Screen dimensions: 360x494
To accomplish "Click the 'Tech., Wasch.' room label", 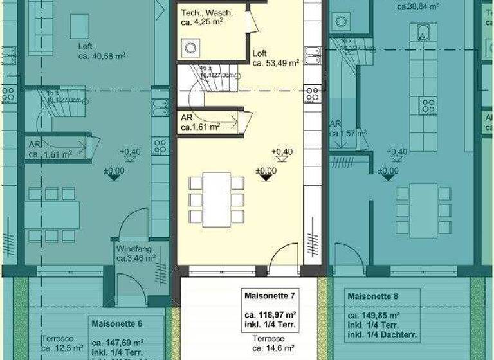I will [206, 13].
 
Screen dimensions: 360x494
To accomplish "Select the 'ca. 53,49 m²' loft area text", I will [276, 63].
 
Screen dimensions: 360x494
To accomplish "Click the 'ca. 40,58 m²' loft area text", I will [102, 56].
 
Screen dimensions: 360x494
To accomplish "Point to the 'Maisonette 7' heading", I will [270, 296].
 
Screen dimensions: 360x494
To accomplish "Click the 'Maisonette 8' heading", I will [372, 297].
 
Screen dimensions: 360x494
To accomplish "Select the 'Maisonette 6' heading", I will [117, 323].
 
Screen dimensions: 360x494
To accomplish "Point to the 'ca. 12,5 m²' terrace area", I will [62, 348].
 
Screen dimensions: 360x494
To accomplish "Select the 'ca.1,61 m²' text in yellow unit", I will [201, 128].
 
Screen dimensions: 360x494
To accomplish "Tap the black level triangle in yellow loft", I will [266, 178].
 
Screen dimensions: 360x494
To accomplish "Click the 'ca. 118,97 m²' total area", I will [270, 316].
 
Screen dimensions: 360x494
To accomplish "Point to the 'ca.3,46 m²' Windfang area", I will [136, 258].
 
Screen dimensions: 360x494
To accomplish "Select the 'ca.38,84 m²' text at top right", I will [418, 6].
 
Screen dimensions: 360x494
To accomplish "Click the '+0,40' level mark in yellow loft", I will [282, 152].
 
